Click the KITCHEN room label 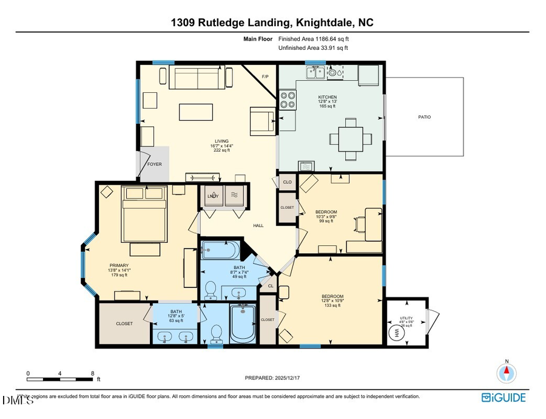328,97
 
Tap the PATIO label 425,117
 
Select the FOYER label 154,163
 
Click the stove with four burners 287,100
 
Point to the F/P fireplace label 265,77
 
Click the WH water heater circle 398,334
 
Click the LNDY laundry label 213,196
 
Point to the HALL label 258,226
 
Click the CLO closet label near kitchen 287,182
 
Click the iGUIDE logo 504,398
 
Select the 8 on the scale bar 92,373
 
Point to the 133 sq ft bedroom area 333,305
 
